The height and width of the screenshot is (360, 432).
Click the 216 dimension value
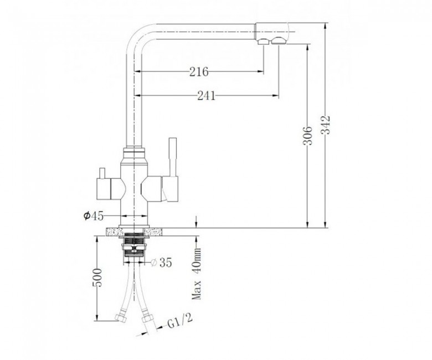[199, 72]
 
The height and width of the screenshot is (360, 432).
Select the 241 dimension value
[207, 96]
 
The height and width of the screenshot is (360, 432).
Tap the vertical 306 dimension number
[307, 136]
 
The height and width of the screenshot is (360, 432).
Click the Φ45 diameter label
[94, 216]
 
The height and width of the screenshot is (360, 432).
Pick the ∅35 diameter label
[162, 263]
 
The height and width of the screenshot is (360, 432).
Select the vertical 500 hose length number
[97, 277]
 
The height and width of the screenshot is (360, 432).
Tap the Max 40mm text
[197, 274]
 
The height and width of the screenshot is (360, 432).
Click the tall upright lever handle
[173, 157]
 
